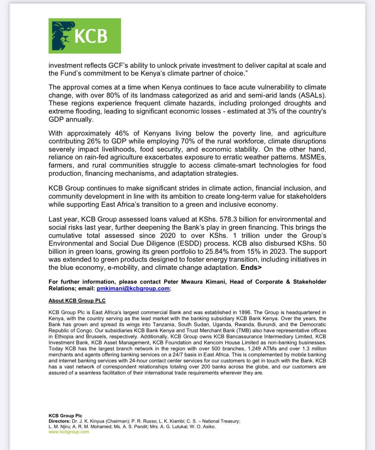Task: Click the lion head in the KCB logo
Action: (62, 36)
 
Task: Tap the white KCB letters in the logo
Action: (91, 36)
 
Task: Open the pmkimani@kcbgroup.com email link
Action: (133, 289)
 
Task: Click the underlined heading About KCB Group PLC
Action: (77, 301)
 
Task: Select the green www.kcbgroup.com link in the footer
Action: (69, 432)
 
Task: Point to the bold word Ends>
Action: (251, 268)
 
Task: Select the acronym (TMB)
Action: (243, 331)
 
